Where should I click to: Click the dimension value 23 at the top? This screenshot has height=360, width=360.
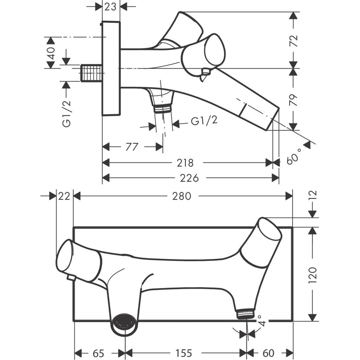coord(110,6)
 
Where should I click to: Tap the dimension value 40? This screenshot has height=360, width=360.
coord(51,53)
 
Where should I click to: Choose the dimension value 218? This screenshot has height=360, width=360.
coord(185,163)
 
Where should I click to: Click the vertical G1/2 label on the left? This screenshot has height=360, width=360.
coord(66,113)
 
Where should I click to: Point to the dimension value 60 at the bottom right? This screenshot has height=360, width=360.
coord(269,353)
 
